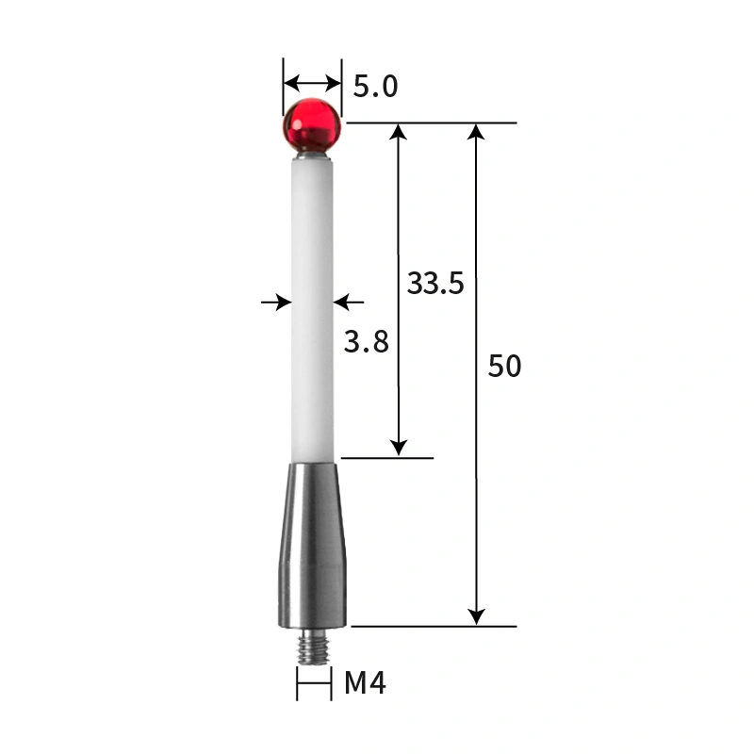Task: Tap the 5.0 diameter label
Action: pos(375,87)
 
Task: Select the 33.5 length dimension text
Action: pos(435,283)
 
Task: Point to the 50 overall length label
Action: pos(504,366)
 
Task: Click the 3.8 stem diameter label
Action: pos(366,341)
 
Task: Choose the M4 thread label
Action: pos(365,682)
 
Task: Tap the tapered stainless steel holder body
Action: pos(313,542)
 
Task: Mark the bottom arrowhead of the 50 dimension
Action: pos(478,616)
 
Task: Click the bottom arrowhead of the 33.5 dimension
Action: pos(400,449)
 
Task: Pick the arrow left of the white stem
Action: pos(276,302)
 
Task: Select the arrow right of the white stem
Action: pos(349,302)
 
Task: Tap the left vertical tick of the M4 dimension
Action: pos(297,683)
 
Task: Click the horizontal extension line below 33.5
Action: pos(386,458)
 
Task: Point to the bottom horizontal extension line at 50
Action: pos(434,626)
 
